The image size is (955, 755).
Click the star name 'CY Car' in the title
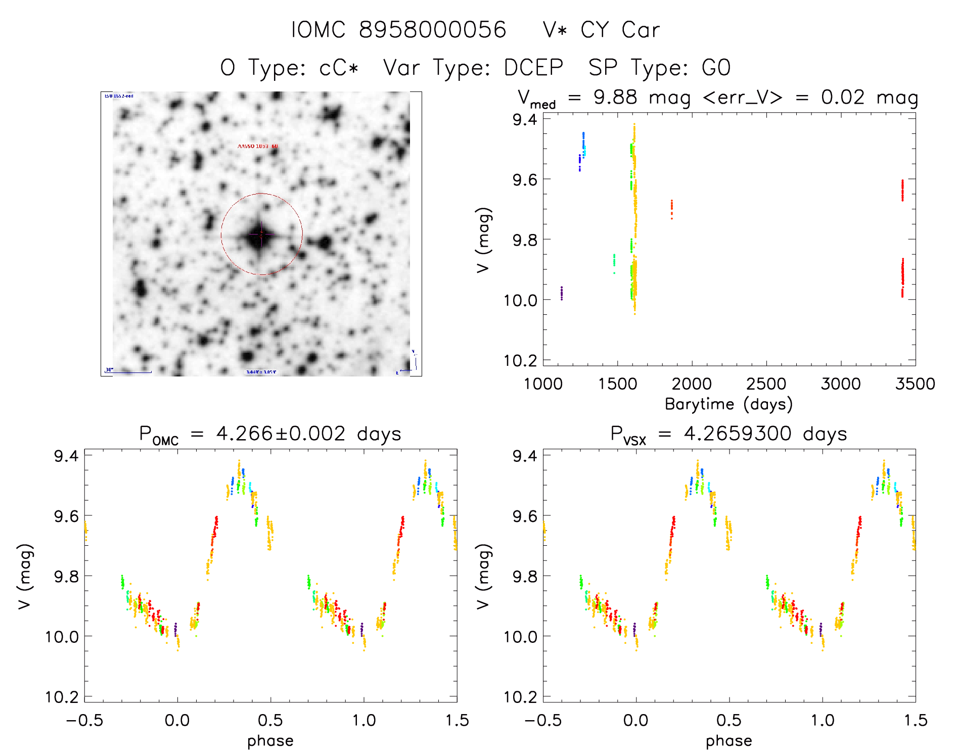pyautogui.click(x=620, y=30)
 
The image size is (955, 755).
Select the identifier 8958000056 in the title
pyautogui.click(x=432, y=30)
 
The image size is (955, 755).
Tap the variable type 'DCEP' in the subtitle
pyautogui.click(x=533, y=68)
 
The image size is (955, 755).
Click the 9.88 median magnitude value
pyautogui.click(x=615, y=97)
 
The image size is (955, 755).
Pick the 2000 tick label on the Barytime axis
pyautogui.click(x=691, y=384)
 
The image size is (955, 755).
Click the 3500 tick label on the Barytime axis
pyautogui.click(x=915, y=384)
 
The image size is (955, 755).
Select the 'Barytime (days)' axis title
pyautogui.click(x=729, y=404)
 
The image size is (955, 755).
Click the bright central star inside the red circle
pyautogui.click(x=260, y=235)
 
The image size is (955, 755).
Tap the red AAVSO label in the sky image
pyautogui.click(x=258, y=147)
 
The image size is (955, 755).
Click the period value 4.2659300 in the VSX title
pyautogui.click(x=737, y=434)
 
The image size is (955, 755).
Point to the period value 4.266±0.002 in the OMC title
pyautogui.click(x=281, y=434)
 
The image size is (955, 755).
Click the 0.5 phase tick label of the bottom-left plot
pyautogui.click(x=270, y=720)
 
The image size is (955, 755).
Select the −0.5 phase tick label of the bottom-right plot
pyautogui.click(x=542, y=720)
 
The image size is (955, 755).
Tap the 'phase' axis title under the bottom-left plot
pyautogui.click(x=270, y=741)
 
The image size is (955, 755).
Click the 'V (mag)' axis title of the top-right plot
pyautogui.click(x=483, y=240)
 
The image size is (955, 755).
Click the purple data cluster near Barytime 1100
pyautogui.click(x=561, y=293)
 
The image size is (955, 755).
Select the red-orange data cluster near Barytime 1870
pyautogui.click(x=671, y=209)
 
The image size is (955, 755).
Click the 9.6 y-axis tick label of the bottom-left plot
pyautogui.click(x=66, y=516)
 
